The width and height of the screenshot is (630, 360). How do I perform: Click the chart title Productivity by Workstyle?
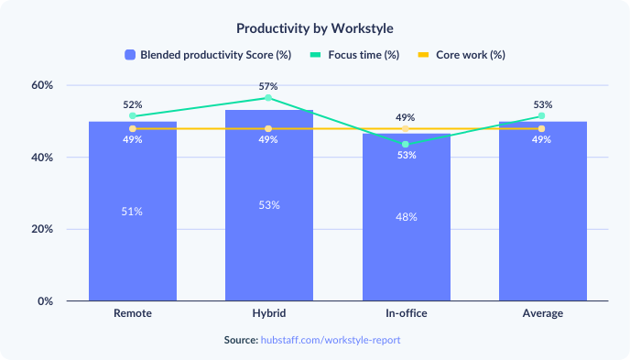pyautogui.click(x=314, y=28)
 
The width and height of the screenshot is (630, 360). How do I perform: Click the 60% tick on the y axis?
pyautogui.click(x=42, y=85)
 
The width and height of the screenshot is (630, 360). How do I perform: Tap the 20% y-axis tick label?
pyautogui.click(x=42, y=229)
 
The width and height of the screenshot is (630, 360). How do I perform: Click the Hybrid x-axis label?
pyautogui.click(x=268, y=314)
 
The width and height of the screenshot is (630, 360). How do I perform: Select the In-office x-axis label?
pyautogui.click(x=406, y=314)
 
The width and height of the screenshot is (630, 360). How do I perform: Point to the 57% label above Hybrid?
pyautogui.click(x=268, y=86)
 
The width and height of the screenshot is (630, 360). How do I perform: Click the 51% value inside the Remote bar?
pyautogui.click(x=133, y=212)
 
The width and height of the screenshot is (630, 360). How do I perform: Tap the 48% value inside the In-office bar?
pyautogui.click(x=406, y=217)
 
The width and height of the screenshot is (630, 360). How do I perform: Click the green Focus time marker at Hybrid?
pyautogui.click(x=268, y=97)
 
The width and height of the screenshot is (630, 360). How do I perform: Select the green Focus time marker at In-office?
pyautogui.click(x=406, y=144)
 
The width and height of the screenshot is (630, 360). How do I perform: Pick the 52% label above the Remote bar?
pyautogui.click(x=133, y=104)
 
